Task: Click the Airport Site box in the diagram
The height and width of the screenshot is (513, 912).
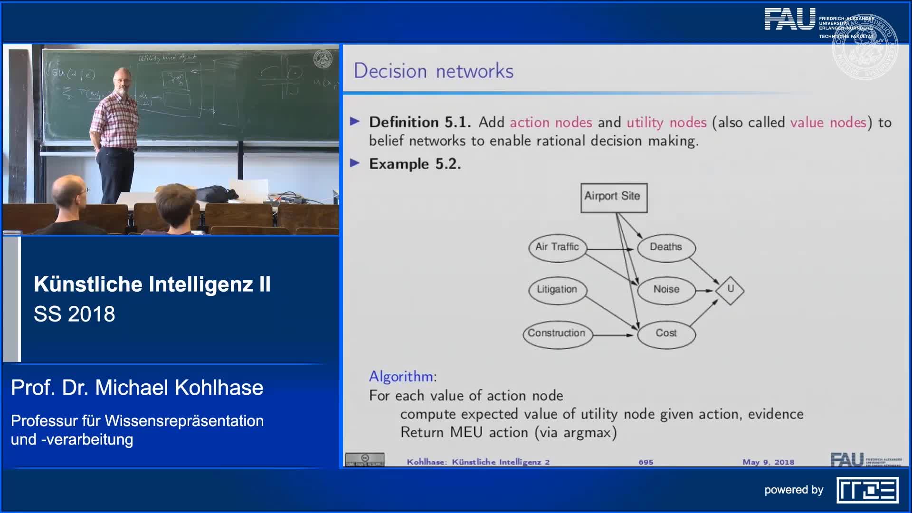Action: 613,197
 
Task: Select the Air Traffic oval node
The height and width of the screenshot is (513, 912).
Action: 557,247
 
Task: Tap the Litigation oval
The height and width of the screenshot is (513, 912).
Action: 557,289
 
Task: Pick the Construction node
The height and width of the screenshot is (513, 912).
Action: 557,333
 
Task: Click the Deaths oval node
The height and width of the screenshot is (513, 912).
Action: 665,247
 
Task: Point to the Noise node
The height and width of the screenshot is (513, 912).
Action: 666,289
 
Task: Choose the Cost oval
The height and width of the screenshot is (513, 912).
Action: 666,333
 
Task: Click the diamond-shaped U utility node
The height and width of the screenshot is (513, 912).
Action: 730,289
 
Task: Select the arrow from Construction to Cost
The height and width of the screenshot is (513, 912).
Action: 613,335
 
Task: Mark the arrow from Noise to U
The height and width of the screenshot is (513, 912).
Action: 705,290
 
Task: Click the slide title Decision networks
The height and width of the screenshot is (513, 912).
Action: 433,71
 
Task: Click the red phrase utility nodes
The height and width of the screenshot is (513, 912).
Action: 666,123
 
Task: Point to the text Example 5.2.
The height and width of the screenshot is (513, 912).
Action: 415,164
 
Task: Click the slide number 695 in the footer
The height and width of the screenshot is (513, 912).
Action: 646,462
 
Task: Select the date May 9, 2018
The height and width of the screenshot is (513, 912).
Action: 768,462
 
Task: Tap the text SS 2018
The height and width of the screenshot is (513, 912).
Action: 75,314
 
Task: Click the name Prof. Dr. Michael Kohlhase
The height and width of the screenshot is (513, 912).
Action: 137,388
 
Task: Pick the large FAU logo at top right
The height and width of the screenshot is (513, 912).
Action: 789,20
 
